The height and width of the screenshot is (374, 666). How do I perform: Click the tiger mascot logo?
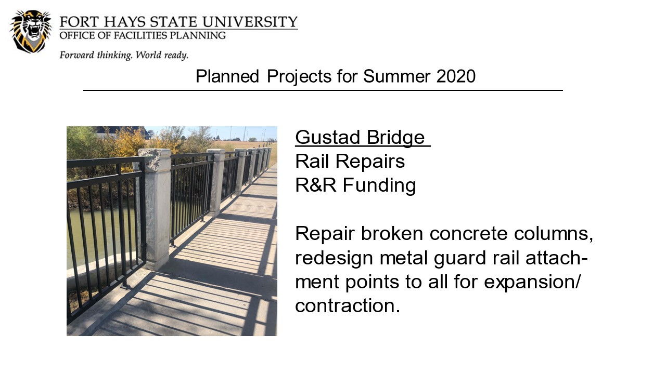click(31, 32)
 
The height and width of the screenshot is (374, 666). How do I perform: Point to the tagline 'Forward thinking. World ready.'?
click(124, 55)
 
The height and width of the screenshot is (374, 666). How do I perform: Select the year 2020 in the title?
click(456, 76)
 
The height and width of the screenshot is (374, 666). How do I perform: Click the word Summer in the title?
click(396, 76)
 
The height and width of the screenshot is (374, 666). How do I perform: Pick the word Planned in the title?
click(227, 76)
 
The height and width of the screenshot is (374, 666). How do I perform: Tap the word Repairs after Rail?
click(370, 162)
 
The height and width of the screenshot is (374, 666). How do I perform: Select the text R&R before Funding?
click(315, 185)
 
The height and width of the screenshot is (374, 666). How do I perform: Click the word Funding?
click(379, 186)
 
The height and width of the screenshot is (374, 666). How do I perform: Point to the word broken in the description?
click(392, 234)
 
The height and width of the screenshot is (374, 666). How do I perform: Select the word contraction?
click(348, 306)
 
